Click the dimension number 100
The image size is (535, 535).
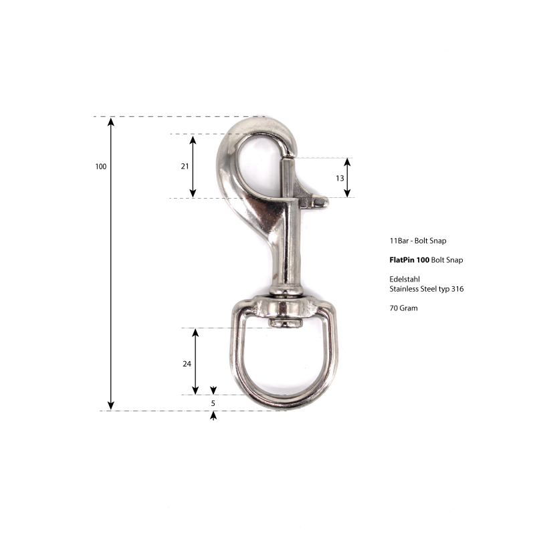point(101,167)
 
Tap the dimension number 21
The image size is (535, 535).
point(185,166)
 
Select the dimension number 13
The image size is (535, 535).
point(340,178)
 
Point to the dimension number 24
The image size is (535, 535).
point(187,364)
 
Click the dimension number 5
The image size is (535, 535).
point(213,403)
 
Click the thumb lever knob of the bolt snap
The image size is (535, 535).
point(321,202)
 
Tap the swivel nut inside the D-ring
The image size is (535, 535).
point(286,323)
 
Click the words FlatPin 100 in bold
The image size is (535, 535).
point(409,260)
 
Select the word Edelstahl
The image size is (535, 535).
point(405,279)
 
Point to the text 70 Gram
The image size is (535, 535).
point(404,308)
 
